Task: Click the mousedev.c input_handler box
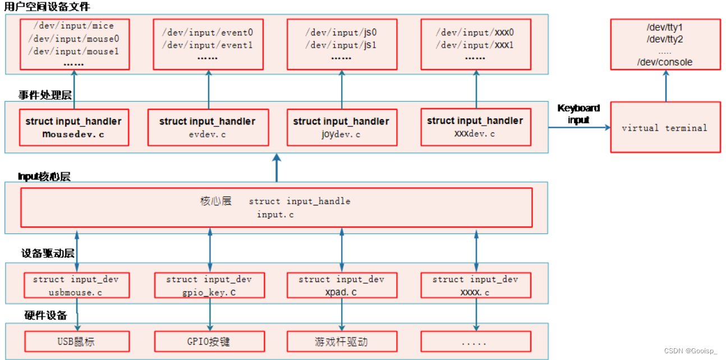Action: pyautogui.click(x=73, y=127)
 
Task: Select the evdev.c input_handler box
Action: pyautogui.click(x=208, y=127)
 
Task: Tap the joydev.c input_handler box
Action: pyautogui.click(x=341, y=127)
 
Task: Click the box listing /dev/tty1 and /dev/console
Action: pyautogui.click(x=665, y=44)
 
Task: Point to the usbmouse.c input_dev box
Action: pyautogui.click(x=77, y=285)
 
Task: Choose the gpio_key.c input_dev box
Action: pyautogui.click(x=209, y=285)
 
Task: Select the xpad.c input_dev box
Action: pyautogui.click(x=341, y=285)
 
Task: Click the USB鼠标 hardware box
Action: pyautogui.click(x=77, y=341)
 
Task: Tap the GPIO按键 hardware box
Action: pyautogui.click(x=209, y=341)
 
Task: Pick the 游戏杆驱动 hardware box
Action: pyautogui.click(x=341, y=341)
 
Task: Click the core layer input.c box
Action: pyautogui.click(x=276, y=207)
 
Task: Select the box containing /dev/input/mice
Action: pyautogui.click(x=75, y=44)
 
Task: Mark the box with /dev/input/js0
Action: pyautogui.click(x=341, y=44)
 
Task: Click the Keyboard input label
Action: pyautogui.click(x=578, y=113)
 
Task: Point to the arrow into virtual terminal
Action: pyautogui.click(x=578, y=128)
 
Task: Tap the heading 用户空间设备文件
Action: pyautogui.click(x=47, y=7)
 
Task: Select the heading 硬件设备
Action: pyautogui.click(x=45, y=315)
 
